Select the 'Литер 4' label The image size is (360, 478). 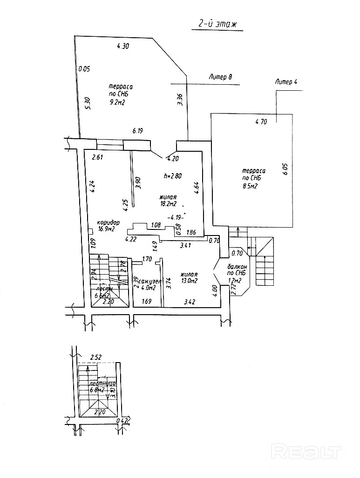[286, 82]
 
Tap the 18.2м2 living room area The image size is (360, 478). [168, 204]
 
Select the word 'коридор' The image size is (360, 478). [109, 222]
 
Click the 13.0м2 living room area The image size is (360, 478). [190, 281]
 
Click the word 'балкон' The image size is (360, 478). [237, 266]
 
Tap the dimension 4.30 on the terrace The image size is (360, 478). [123, 46]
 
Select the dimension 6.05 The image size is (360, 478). [285, 168]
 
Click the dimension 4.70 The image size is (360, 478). [261, 122]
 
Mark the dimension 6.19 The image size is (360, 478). [137, 131]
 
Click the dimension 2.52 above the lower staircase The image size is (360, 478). [96, 357]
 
